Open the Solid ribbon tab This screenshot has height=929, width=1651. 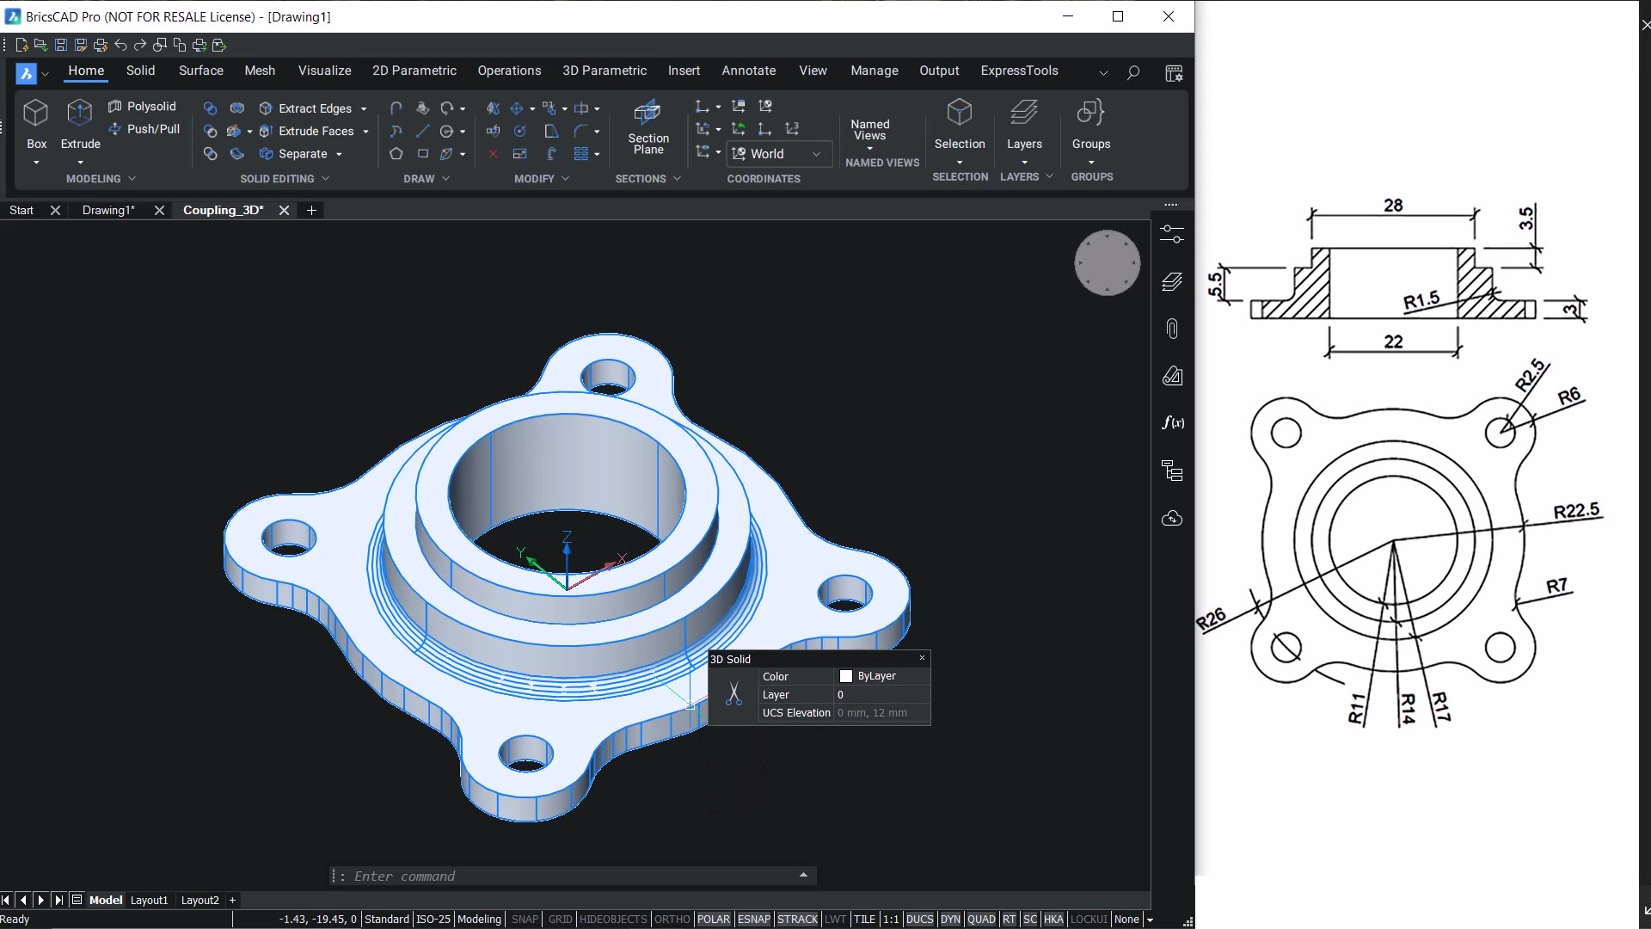140,71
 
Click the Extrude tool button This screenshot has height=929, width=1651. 80,125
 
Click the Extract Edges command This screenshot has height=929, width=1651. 314,108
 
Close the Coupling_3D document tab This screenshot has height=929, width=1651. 284,210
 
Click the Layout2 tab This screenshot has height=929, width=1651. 199,900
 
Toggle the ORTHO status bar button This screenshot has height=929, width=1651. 672,919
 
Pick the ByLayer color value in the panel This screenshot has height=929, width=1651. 875,676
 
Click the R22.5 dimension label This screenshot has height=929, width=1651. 1575,511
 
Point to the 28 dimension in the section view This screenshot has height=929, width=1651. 1393,205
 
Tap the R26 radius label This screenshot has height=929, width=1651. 1211,618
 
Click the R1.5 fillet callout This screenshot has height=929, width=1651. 1421,300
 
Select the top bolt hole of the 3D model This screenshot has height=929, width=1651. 608,377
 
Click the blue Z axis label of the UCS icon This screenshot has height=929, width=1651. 567,537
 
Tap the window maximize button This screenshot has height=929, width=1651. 1118,16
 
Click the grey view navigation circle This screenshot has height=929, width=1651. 1107,262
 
